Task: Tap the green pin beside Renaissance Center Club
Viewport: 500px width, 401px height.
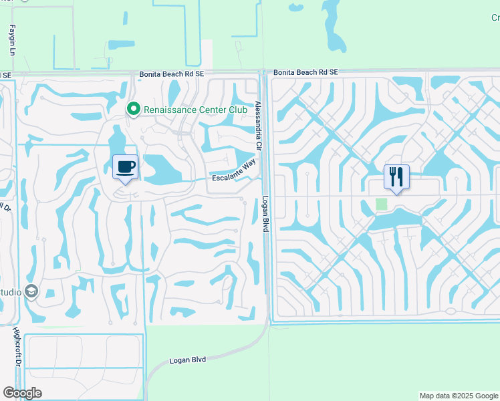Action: (134, 109)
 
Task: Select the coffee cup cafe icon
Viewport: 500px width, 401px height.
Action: (125, 166)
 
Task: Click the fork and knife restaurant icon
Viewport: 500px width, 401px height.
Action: (396, 176)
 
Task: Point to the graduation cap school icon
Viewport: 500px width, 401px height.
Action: (31, 291)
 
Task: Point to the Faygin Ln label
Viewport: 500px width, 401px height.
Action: (12, 40)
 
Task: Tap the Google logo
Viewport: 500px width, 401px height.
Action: (22, 392)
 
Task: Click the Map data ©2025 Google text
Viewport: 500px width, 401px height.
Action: (458, 396)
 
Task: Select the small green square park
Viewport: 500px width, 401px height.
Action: (382, 203)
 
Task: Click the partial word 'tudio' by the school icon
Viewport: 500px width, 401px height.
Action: (9, 292)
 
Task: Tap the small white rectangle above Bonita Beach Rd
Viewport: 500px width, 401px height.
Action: (207, 53)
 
